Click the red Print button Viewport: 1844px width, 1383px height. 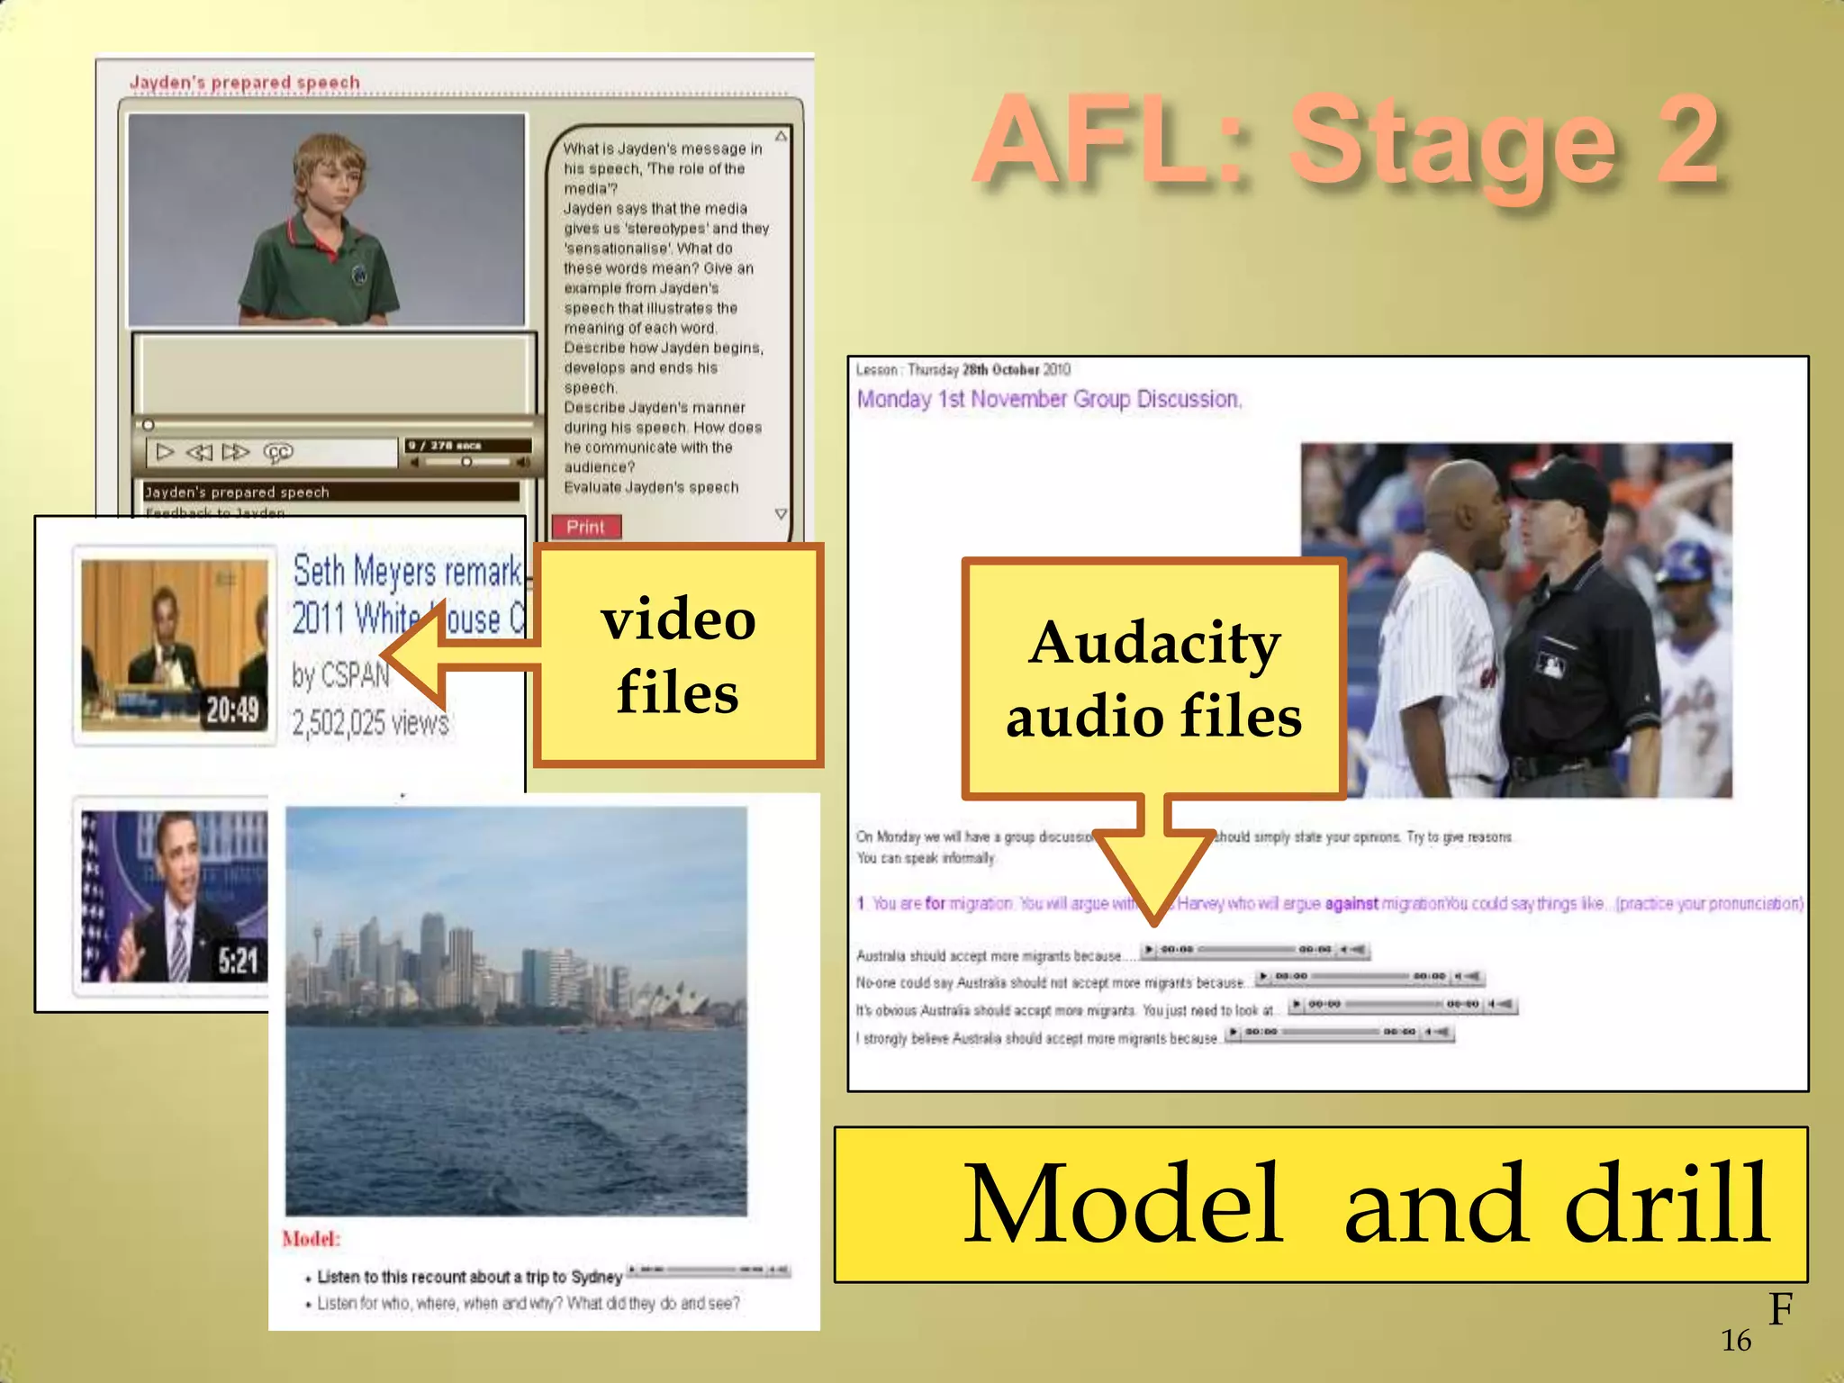(586, 527)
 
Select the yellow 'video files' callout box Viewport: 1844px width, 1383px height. (678, 655)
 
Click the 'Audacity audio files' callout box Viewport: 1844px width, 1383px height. (1153, 679)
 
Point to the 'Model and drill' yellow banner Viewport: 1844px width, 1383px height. (1320, 1204)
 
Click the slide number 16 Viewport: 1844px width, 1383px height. (1736, 1341)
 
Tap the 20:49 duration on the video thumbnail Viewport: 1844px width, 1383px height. (233, 710)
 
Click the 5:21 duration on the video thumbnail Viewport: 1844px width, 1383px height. (238, 962)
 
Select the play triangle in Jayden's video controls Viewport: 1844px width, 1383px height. (165, 452)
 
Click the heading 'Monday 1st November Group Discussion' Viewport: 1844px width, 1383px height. (1049, 399)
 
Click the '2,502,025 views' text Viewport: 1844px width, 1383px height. (370, 723)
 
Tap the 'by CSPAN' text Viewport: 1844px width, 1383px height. (340, 675)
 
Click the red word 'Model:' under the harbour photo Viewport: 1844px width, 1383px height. (311, 1239)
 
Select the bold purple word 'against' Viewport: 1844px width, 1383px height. (1351, 903)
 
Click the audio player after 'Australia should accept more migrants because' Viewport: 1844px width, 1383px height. (1255, 949)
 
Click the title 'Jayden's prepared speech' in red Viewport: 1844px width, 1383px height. (245, 83)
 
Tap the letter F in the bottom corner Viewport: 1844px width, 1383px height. (1780, 1309)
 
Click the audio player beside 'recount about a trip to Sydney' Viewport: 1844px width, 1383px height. (709, 1270)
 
